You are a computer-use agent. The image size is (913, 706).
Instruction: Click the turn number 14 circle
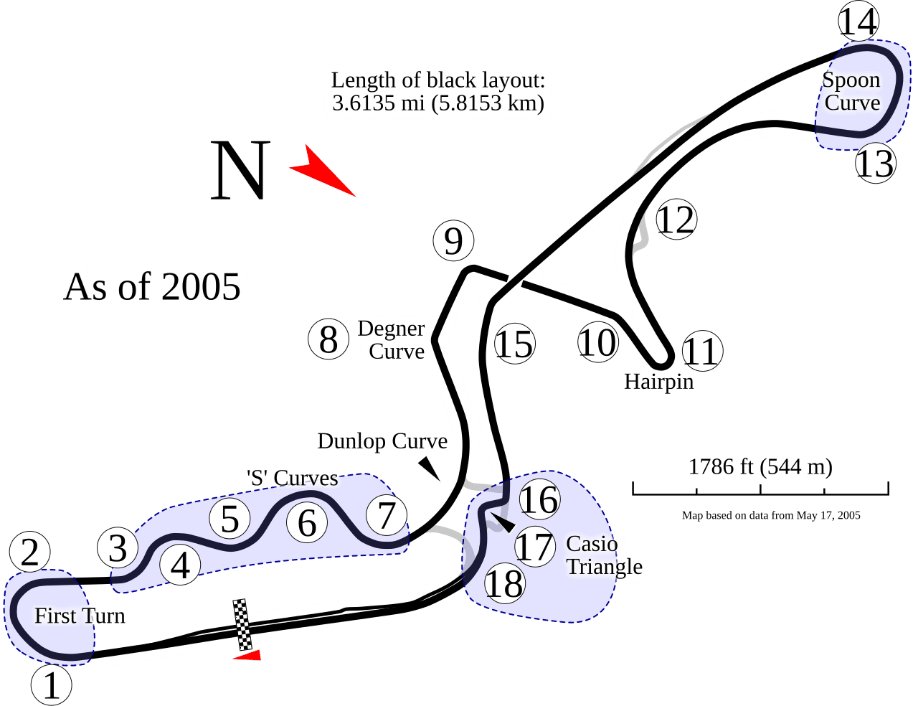pyautogui.click(x=858, y=21)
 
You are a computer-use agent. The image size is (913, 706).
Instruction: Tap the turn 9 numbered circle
pyautogui.click(x=453, y=240)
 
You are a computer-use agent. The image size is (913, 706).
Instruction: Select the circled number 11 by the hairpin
pyautogui.click(x=703, y=350)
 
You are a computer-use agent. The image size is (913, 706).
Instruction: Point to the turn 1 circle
pyautogui.click(x=51, y=685)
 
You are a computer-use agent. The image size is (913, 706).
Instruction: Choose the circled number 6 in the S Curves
pyautogui.click(x=307, y=522)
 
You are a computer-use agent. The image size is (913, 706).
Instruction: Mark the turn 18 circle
pyautogui.click(x=505, y=584)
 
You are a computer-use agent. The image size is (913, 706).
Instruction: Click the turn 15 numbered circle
pyautogui.click(x=515, y=344)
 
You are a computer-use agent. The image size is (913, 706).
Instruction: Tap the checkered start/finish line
pyautogui.click(x=242, y=624)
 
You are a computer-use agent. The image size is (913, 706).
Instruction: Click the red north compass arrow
pyautogui.click(x=323, y=170)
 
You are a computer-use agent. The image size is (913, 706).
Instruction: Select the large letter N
pyautogui.click(x=240, y=170)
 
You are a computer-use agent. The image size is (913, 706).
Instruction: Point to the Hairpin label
pyautogui.click(x=658, y=382)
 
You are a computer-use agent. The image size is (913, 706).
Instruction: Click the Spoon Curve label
pyautogui.click(x=851, y=91)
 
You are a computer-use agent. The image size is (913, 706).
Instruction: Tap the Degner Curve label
pyautogui.click(x=391, y=339)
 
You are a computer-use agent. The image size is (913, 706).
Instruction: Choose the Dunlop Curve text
pyautogui.click(x=382, y=441)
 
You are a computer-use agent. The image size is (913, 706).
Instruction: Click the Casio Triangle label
pyautogui.click(x=604, y=555)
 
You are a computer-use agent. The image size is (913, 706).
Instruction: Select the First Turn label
pyautogui.click(x=80, y=616)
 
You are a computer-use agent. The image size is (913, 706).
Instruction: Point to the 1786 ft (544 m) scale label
pyautogui.click(x=760, y=466)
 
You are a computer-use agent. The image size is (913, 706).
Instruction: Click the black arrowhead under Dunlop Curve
pyautogui.click(x=429, y=469)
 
